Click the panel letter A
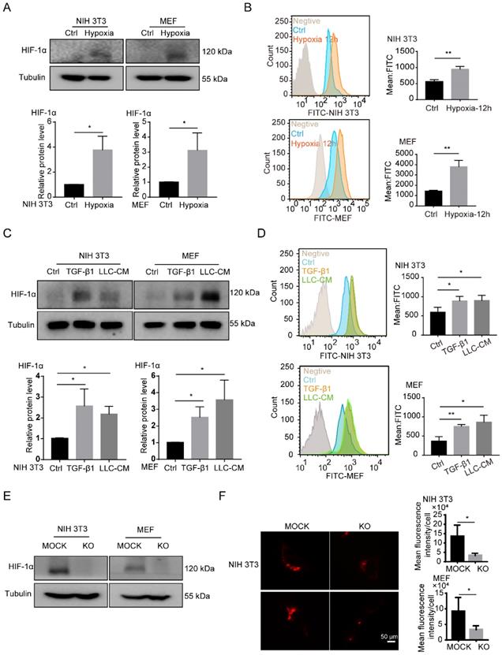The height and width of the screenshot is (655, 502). pyautogui.click(x=8, y=8)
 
